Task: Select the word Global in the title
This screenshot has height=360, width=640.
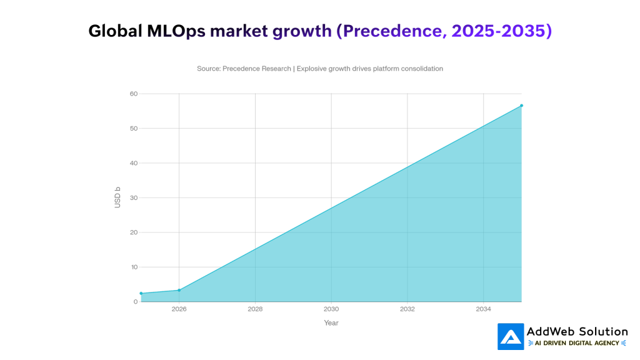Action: click(112, 31)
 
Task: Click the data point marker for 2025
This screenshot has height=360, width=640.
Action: click(141, 293)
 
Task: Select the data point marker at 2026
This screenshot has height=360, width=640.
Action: click(179, 290)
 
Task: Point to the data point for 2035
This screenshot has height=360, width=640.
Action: click(521, 106)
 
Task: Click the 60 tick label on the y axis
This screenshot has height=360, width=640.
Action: click(133, 94)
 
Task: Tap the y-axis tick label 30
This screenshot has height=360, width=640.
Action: click(133, 198)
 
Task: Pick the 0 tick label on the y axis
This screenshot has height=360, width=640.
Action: click(135, 302)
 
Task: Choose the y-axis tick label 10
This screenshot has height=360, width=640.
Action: click(133, 267)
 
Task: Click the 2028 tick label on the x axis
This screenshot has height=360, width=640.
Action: click(255, 309)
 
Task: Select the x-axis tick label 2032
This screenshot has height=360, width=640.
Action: click(407, 309)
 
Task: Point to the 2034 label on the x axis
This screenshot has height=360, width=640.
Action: click(483, 309)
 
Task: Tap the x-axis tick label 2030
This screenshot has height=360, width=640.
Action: click(331, 309)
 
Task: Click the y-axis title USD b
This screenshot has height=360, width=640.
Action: click(117, 197)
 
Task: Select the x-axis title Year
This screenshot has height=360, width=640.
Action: click(331, 323)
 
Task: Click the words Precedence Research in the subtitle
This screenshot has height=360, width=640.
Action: click(256, 69)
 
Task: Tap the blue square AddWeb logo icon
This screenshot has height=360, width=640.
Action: click(511, 336)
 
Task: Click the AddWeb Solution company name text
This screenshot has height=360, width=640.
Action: click(577, 331)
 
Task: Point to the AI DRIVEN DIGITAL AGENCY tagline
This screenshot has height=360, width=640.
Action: click(577, 343)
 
